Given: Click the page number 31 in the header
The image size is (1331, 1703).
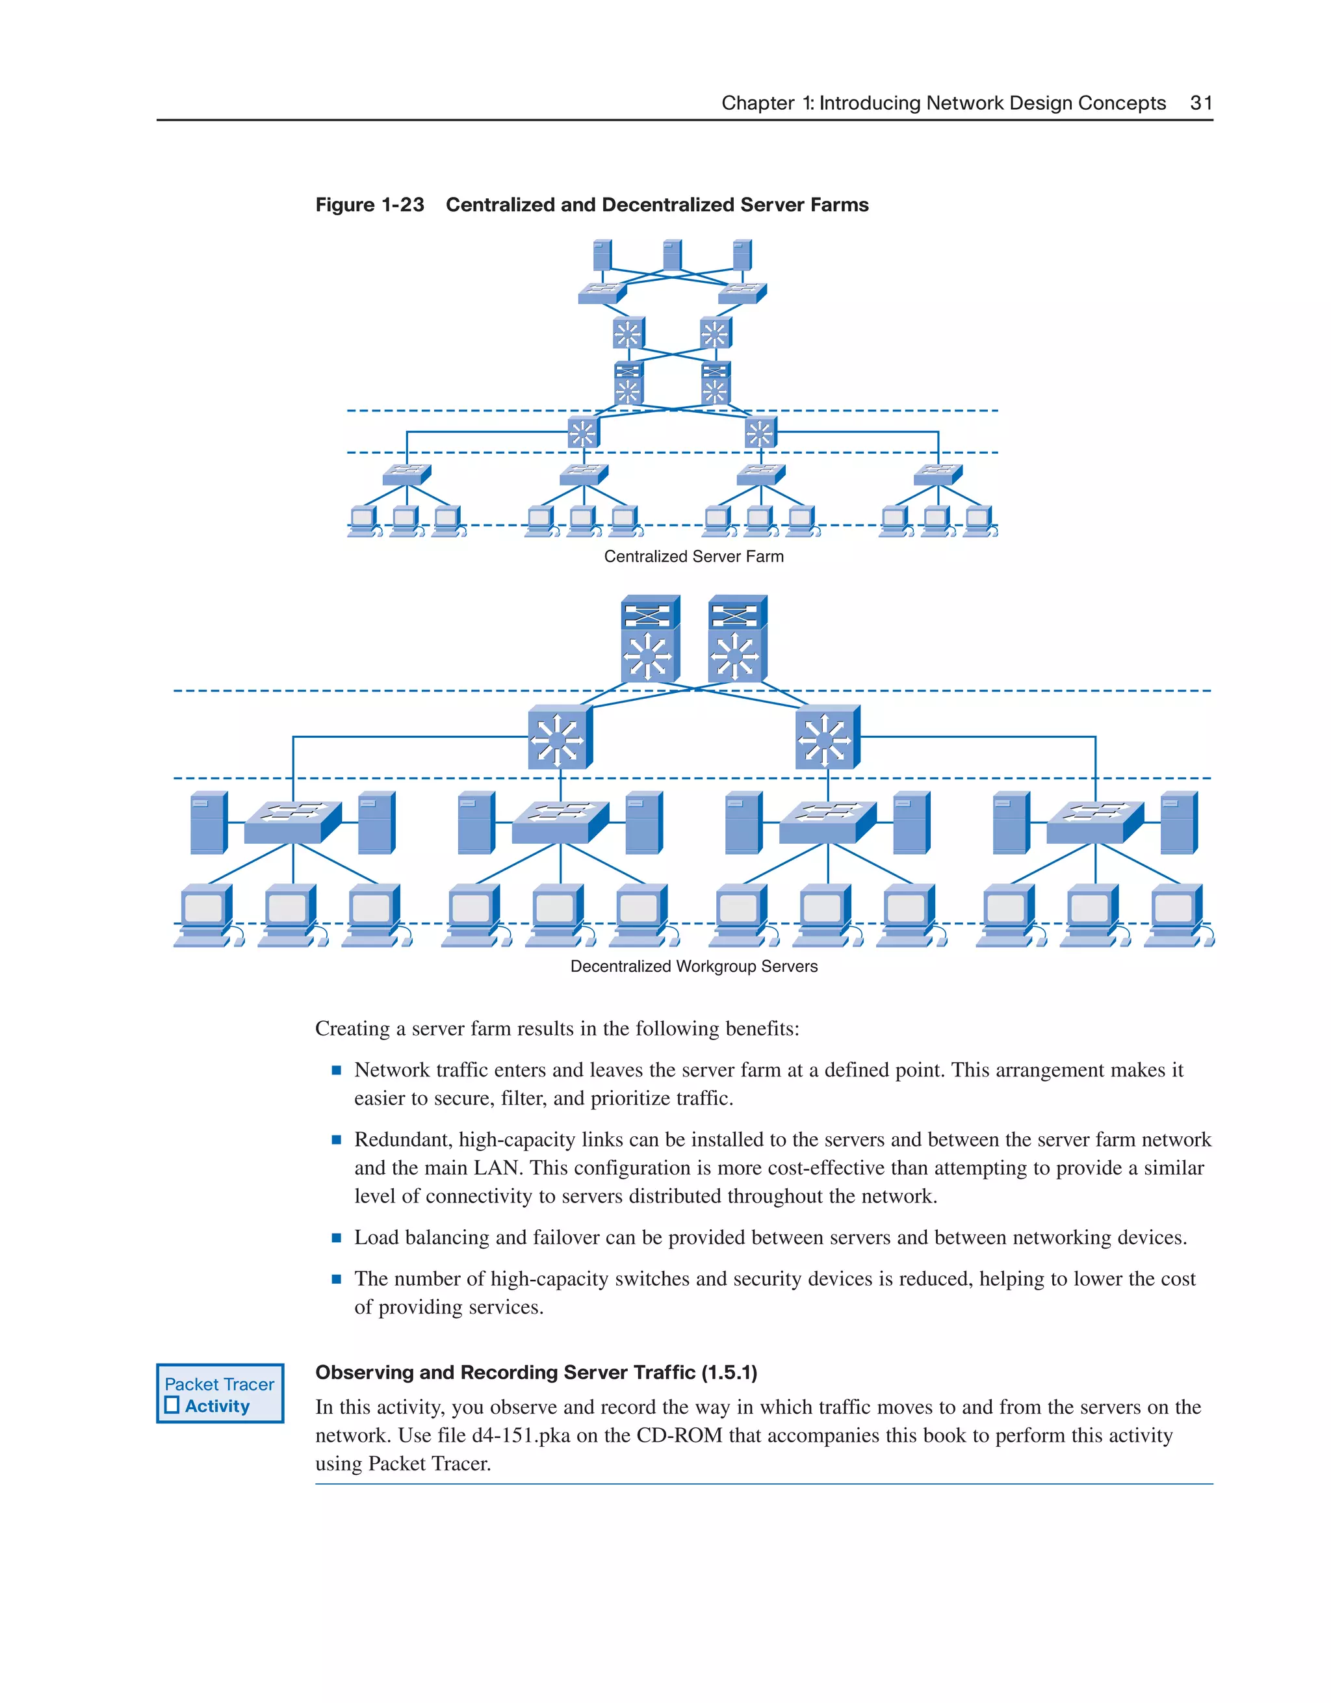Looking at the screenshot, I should click(x=1201, y=103).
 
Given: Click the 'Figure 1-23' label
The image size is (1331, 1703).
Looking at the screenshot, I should click(x=370, y=205).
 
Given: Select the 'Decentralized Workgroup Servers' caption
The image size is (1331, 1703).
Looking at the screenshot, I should click(x=693, y=966).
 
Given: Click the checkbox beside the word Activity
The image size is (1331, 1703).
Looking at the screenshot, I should click(x=172, y=1405).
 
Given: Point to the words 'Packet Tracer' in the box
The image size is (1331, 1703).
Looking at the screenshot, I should click(x=219, y=1384).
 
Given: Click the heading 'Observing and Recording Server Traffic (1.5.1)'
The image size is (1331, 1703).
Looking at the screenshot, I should click(x=536, y=1372).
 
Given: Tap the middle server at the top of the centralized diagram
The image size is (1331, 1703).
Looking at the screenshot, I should click(x=672, y=255).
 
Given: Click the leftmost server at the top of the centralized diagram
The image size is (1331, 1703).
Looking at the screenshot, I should click(x=602, y=255).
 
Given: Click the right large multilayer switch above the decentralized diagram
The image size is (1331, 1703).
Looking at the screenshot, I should click(x=738, y=640).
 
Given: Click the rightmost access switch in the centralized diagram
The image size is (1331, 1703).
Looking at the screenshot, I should click(x=937, y=473).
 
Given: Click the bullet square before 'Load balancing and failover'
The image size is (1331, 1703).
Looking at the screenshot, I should click(x=336, y=1238).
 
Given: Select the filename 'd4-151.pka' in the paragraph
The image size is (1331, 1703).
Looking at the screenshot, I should click(x=521, y=1436).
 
